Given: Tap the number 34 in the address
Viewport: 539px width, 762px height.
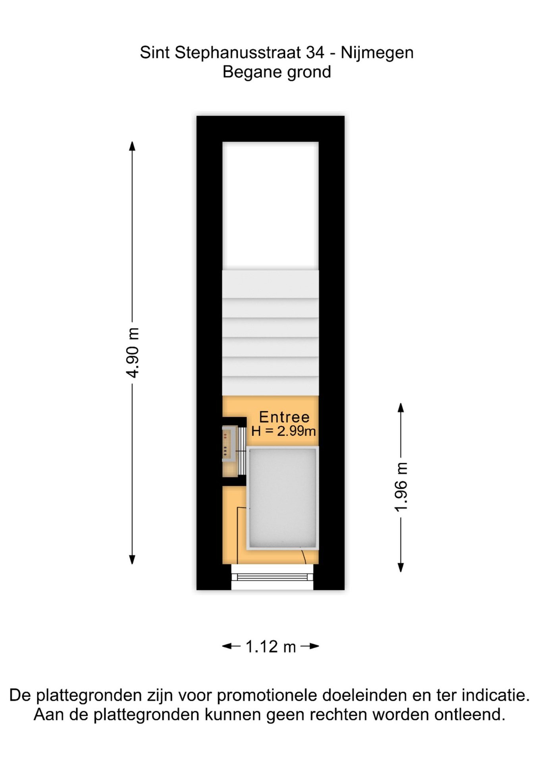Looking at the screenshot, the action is (x=315, y=52).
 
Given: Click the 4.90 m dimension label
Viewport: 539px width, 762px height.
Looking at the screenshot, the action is (x=133, y=353).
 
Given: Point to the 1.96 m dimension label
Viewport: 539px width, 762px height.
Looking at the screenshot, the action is (x=401, y=487).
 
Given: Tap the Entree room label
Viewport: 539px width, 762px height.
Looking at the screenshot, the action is (x=284, y=417).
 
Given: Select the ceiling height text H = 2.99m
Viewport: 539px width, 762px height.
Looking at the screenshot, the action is (x=283, y=431).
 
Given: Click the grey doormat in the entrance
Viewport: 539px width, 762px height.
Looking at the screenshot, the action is (x=283, y=498).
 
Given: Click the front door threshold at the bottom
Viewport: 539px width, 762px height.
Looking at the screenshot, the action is (x=272, y=577).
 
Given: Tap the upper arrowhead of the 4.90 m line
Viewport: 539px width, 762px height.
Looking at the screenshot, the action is (x=132, y=146).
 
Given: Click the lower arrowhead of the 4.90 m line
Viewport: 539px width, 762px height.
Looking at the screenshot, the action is (x=132, y=560).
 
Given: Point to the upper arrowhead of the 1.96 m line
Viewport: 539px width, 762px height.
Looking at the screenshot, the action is (x=401, y=408).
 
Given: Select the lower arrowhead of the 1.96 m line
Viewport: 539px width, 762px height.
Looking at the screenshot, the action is (x=401, y=568).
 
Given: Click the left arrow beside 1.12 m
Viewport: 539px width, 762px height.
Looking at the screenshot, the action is (x=231, y=647).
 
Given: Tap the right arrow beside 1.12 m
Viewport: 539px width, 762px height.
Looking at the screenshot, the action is (x=310, y=647).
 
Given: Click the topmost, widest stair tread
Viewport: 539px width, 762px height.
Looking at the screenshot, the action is (x=270, y=284).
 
